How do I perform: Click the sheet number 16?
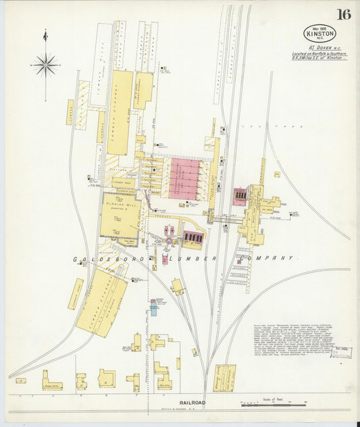tap(344, 14)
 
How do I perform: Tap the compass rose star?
tap(46, 66)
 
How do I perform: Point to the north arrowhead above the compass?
tap(45, 34)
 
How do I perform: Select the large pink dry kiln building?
tap(184, 178)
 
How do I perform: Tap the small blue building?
tap(153, 309)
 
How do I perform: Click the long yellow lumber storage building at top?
tap(120, 111)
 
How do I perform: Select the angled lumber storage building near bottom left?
tap(101, 302)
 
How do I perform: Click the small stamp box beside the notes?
tap(342, 352)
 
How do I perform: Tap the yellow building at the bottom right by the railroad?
tap(224, 378)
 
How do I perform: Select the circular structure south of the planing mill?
tap(168, 240)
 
